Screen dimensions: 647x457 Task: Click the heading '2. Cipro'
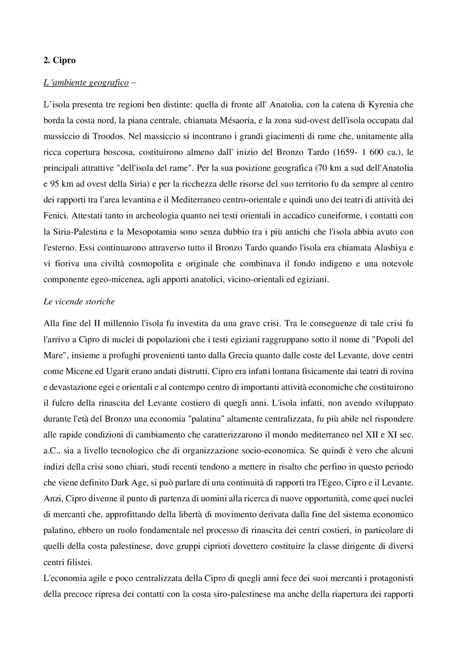click(x=60, y=60)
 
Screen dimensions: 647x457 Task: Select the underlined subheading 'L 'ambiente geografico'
click(x=86, y=83)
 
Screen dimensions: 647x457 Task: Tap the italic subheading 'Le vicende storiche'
click(x=79, y=302)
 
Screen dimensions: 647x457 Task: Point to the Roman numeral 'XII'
click(x=372, y=435)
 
